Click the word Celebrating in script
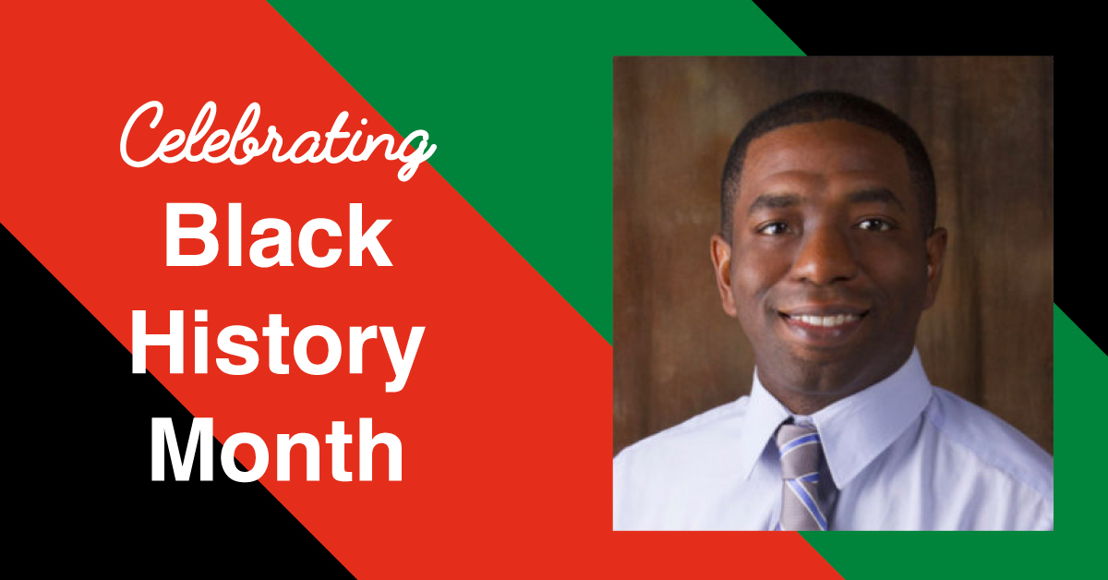pyautogui.click(x=277, y=141)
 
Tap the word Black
pyautogui.click(x=279, y=236)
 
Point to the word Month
pyautogui.click(x=276, y=450)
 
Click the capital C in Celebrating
pyautogui.click(x=142, y=134)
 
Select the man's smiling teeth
pyautogui.click(x=824, y=320)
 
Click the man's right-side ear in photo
pyautogui.click(x=936, y=270)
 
